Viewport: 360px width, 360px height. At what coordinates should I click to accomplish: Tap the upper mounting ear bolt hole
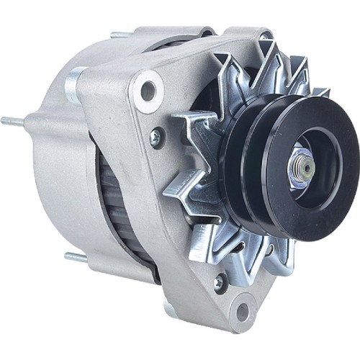point(148,89)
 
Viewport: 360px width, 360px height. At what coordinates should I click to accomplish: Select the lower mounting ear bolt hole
point(242,311)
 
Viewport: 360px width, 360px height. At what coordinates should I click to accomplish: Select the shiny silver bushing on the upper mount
point(75,85)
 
